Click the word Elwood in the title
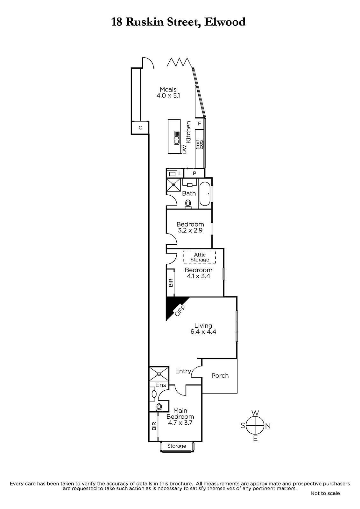click(225, 22)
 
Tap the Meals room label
click(168, 89)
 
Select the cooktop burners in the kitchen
click(200, 144)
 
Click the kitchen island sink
click(176, 138)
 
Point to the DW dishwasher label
click(184, 150)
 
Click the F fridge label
click(200, 124)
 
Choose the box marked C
click(140, 128)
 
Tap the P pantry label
click(194, 173)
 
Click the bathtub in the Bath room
click(205, 194)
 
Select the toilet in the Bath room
click(188, 204)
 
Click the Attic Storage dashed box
click(200, 257)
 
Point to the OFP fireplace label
click(180, 310)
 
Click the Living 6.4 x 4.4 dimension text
click(203, 331)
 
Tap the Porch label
click(220, 376)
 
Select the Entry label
click(183, 371)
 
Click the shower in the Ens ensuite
click(159, 373)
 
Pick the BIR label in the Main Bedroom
click(154, 426)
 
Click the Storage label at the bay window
click(177, 446)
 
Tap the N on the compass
click(268, 426)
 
